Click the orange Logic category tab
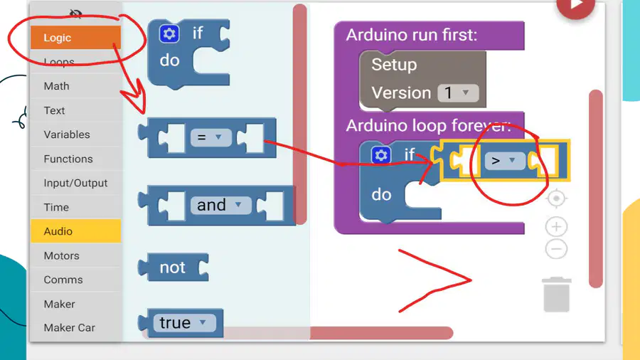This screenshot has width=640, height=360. (x=75, y=38)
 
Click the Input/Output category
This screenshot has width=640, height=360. (x=75, y=183)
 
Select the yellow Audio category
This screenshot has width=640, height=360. (x=75, y=231)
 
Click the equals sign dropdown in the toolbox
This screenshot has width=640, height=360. (x=210, y=137)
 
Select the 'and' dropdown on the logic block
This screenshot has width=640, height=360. (x=220, y=205)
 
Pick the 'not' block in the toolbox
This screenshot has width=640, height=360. (x=174, y=268)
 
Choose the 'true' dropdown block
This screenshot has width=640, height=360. (x=184, y=323)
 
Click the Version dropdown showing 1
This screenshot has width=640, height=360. (x=458, y=93)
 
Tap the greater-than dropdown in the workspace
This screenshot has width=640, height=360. (x=505, y=161)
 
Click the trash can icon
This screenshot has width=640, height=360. (x=556, y=295)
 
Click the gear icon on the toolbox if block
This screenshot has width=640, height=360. (x=169, y=33)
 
